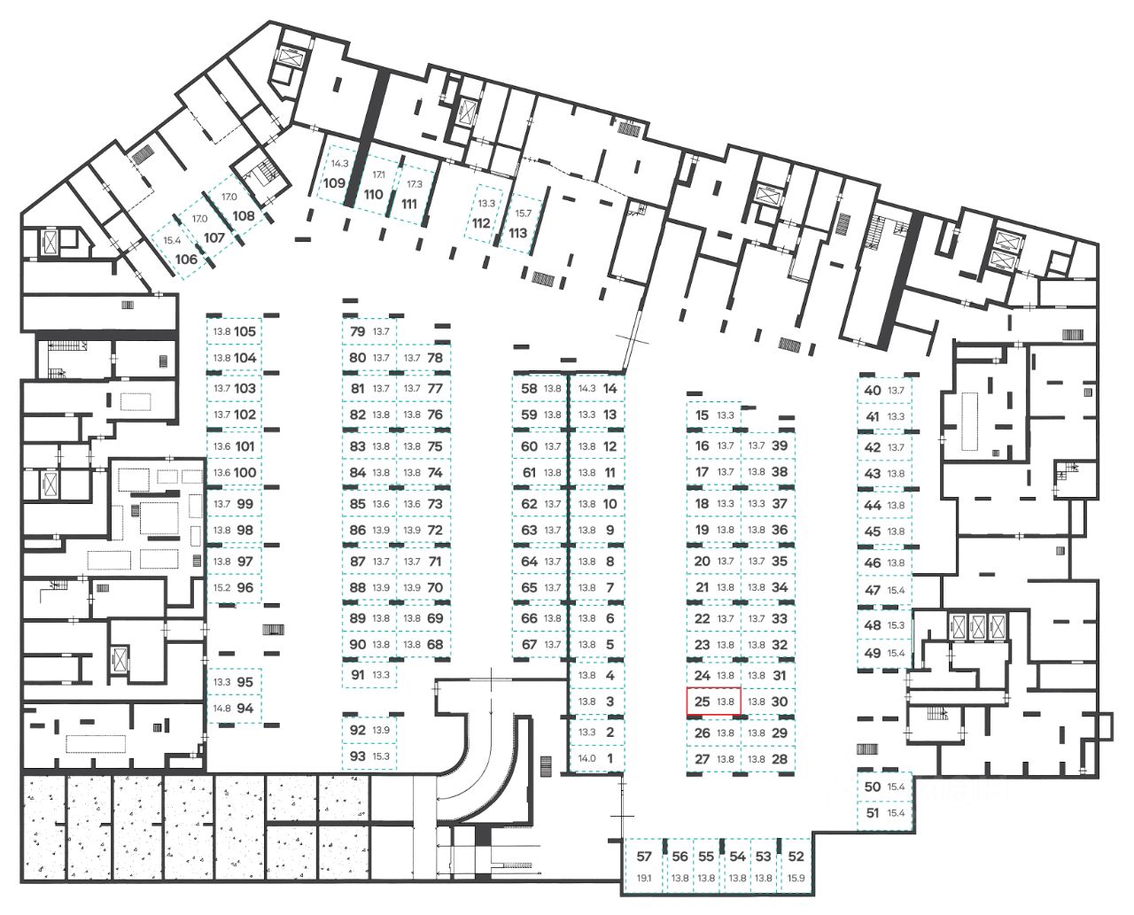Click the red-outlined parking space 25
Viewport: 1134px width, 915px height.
point(713,702)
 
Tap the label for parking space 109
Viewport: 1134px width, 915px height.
point(334,183)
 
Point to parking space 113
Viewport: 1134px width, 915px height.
point(518,233)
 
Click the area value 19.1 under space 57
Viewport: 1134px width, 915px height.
point(644,879)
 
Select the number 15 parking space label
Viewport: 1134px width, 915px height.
point(703,415)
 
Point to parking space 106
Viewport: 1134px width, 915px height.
point(186,260)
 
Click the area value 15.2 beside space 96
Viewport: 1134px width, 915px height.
point(221,588)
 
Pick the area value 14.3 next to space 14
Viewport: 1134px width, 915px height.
point(586,389)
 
